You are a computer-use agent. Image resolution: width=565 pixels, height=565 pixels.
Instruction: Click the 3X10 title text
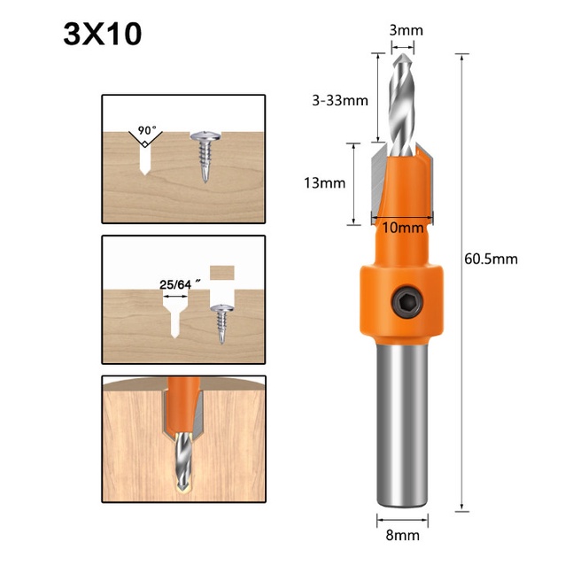(103, 35)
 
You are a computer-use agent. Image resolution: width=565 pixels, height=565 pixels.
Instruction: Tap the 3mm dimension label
(406, 31)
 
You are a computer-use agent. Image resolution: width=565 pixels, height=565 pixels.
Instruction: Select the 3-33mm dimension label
(340, 100)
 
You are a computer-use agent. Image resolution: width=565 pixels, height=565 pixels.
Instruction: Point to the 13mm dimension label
(325, 183)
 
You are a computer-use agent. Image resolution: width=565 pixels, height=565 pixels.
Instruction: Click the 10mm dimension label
(402, 228)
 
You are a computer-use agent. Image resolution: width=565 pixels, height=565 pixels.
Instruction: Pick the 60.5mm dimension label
(491, 259)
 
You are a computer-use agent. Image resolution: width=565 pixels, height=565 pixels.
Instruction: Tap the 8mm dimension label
(402, 536)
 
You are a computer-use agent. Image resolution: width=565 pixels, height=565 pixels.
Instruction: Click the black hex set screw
(408, 302)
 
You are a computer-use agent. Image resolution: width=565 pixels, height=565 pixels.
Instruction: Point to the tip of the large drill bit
(403, 54)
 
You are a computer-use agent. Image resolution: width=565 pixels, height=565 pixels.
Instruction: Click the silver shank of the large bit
(402, 425)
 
